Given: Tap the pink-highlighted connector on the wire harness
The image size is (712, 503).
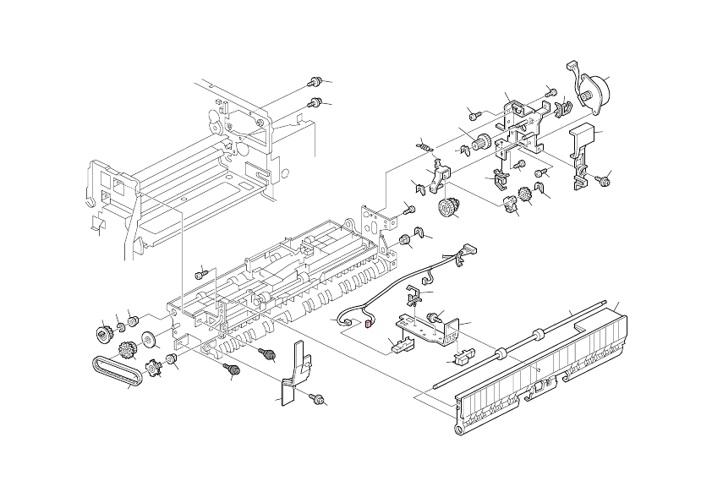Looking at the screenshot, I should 369,320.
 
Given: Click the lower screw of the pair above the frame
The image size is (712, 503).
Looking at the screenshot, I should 315,102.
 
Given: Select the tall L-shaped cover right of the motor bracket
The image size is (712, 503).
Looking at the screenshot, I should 583,156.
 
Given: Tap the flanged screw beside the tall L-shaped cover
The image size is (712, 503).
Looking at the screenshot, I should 605,179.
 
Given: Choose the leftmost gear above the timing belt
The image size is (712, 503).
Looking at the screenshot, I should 104,336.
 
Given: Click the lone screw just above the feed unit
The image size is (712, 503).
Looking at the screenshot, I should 200,274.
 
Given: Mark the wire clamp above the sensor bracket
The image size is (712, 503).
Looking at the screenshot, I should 415,296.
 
